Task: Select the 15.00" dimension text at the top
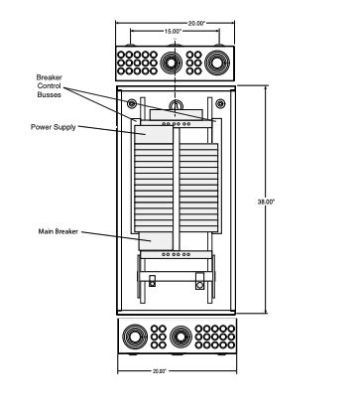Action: tap(174, 31)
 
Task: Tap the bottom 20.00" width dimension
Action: tap(175, 370)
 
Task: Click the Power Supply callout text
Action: tap(56, 127)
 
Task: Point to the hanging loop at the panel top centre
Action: tap(176, 105)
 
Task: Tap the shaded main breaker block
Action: tap(158, 239)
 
